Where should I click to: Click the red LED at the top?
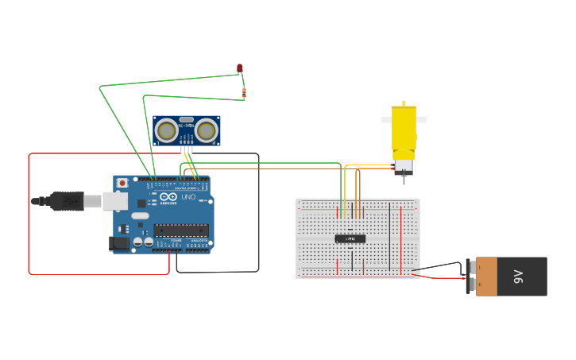tap(240, 68)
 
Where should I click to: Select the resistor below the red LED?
tap(244, 92)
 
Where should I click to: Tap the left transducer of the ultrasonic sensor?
tap(166, 130)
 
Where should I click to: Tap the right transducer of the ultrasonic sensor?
tap(207, 130)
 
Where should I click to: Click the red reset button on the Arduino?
tap(122, 183)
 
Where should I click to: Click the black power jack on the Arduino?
tap(120, 243)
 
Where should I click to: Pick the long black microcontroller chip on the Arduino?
tap(181, 230)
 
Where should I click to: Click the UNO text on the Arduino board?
tap(188, 197)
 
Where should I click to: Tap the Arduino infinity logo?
tap(168, 196)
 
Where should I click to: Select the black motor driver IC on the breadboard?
tap(350, 238)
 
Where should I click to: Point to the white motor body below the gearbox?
tap(404, 167)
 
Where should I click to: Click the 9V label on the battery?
tap(518, 277)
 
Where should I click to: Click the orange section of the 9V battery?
tap(486, 277)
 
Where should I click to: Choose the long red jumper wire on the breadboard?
tap(401, 238)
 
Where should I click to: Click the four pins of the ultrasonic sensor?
tap(187, 149)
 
